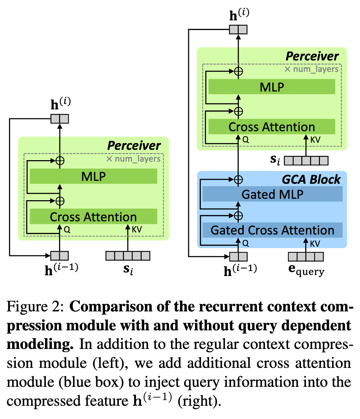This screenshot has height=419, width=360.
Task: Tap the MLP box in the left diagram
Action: [94, 176]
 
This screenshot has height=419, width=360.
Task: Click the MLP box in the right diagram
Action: [272, 87]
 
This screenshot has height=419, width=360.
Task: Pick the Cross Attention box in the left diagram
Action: [94, 217]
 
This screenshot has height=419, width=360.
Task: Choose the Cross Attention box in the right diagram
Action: [272, 127]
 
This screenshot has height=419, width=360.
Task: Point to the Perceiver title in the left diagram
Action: [134, 145]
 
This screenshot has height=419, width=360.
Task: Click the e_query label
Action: [306, 271]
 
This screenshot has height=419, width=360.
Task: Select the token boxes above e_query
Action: [306, 256]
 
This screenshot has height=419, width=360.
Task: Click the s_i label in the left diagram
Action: [128, 270]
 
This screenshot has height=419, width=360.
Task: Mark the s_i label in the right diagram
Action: [275, 159]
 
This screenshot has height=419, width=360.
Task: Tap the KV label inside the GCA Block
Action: [315, 243]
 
